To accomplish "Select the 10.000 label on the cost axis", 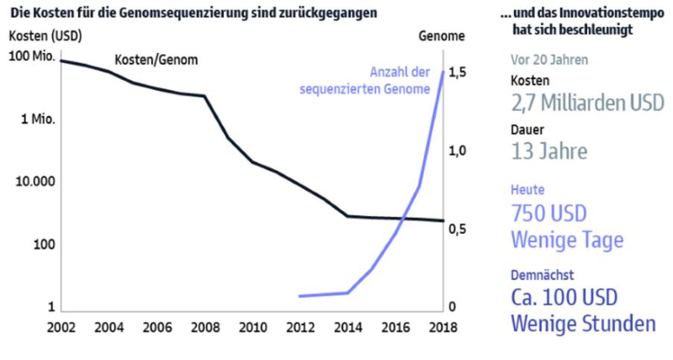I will point(34,182).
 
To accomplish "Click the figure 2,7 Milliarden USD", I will point(587,103).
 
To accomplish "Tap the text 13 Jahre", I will point(548,151).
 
